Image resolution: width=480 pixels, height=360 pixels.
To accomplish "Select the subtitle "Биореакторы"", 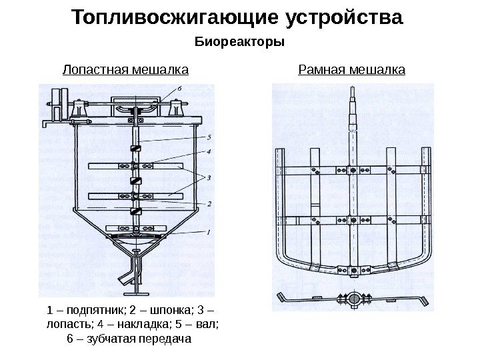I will click(x=239, y=43).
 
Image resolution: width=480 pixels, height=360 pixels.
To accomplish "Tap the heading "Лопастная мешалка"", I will click(x=125, y=69).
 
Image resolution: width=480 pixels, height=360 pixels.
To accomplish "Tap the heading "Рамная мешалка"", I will click(x=351, y=69).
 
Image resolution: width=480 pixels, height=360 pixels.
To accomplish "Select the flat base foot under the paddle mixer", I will click(x=136, y=293).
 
